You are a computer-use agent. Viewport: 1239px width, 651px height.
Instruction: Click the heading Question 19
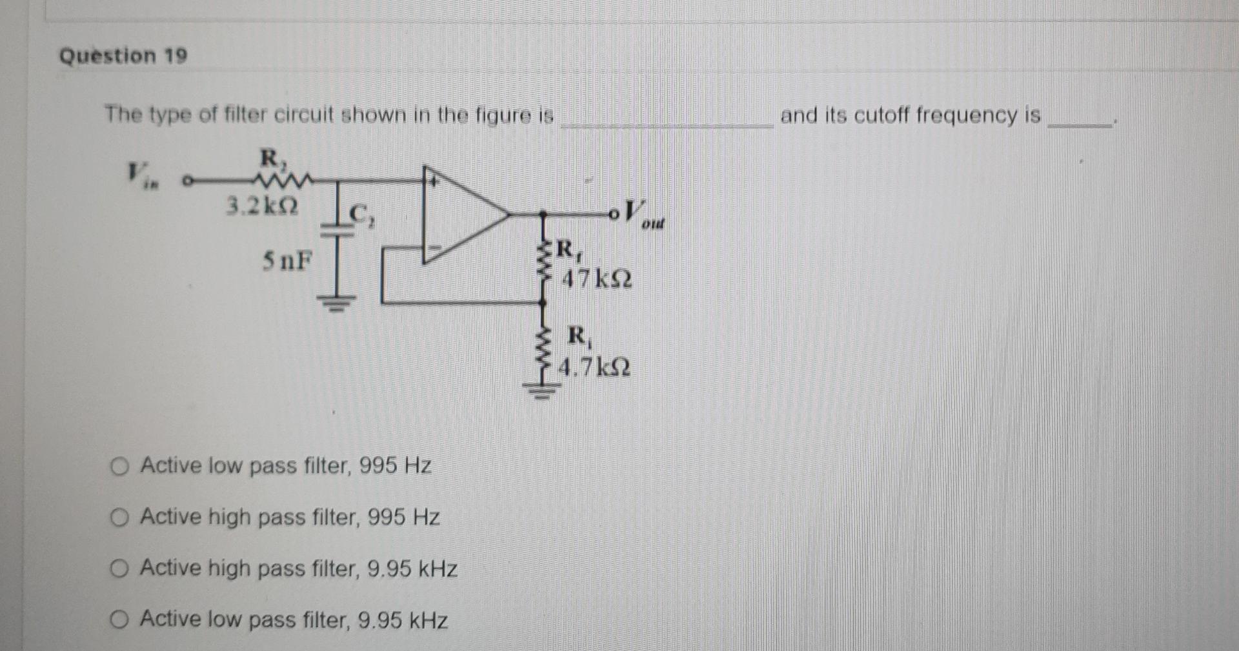coord(123,56)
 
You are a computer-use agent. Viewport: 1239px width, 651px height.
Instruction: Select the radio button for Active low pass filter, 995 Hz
coord(119,466)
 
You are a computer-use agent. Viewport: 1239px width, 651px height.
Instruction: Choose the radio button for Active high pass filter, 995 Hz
coord(119,517)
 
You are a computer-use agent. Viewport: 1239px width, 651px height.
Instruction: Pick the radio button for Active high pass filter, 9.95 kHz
coord(119,568)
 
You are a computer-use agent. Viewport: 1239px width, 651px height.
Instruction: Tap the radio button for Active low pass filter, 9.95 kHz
coord(119,620)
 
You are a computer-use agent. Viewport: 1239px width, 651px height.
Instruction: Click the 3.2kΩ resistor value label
coord(262,206)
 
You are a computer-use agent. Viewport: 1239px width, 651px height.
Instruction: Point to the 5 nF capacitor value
coord(287,261)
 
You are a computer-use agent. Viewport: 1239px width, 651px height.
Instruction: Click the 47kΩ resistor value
coord(597,279)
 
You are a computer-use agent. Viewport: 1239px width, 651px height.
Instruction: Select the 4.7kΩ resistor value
coord(594,368)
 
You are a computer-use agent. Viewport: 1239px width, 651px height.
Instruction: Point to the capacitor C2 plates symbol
coord(336,229)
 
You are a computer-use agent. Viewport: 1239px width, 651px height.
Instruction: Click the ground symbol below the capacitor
coord(336,301)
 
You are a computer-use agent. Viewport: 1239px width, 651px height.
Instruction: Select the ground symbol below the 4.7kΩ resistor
coord(543,391)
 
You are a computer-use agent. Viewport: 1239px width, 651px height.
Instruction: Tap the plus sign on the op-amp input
coord(434,182)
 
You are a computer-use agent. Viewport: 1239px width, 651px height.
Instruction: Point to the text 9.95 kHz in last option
coord(403,621)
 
